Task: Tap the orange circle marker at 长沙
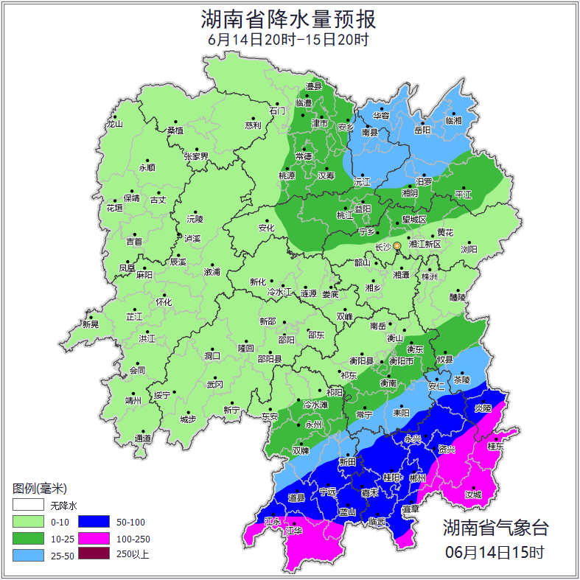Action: click(397, 245)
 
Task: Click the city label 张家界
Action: click(196, 156)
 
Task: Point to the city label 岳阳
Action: click(422, 130)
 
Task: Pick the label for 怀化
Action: click(163, 302)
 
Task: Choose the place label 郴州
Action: click(418, 478)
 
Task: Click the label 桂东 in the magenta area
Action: click(496, 447)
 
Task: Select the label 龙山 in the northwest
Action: click(114, 124)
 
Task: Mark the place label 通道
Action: click(143, 439)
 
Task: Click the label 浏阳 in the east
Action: click(469, 250)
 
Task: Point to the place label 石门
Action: click(277, 111)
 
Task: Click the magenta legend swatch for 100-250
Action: click(94, 539)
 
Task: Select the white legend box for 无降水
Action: click(28, 506)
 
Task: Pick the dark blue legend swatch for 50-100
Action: click(94, 523)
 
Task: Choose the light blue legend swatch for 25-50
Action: click(28, 555)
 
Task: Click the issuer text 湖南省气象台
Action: click(495, 528)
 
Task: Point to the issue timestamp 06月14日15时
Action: click(495, 551)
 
